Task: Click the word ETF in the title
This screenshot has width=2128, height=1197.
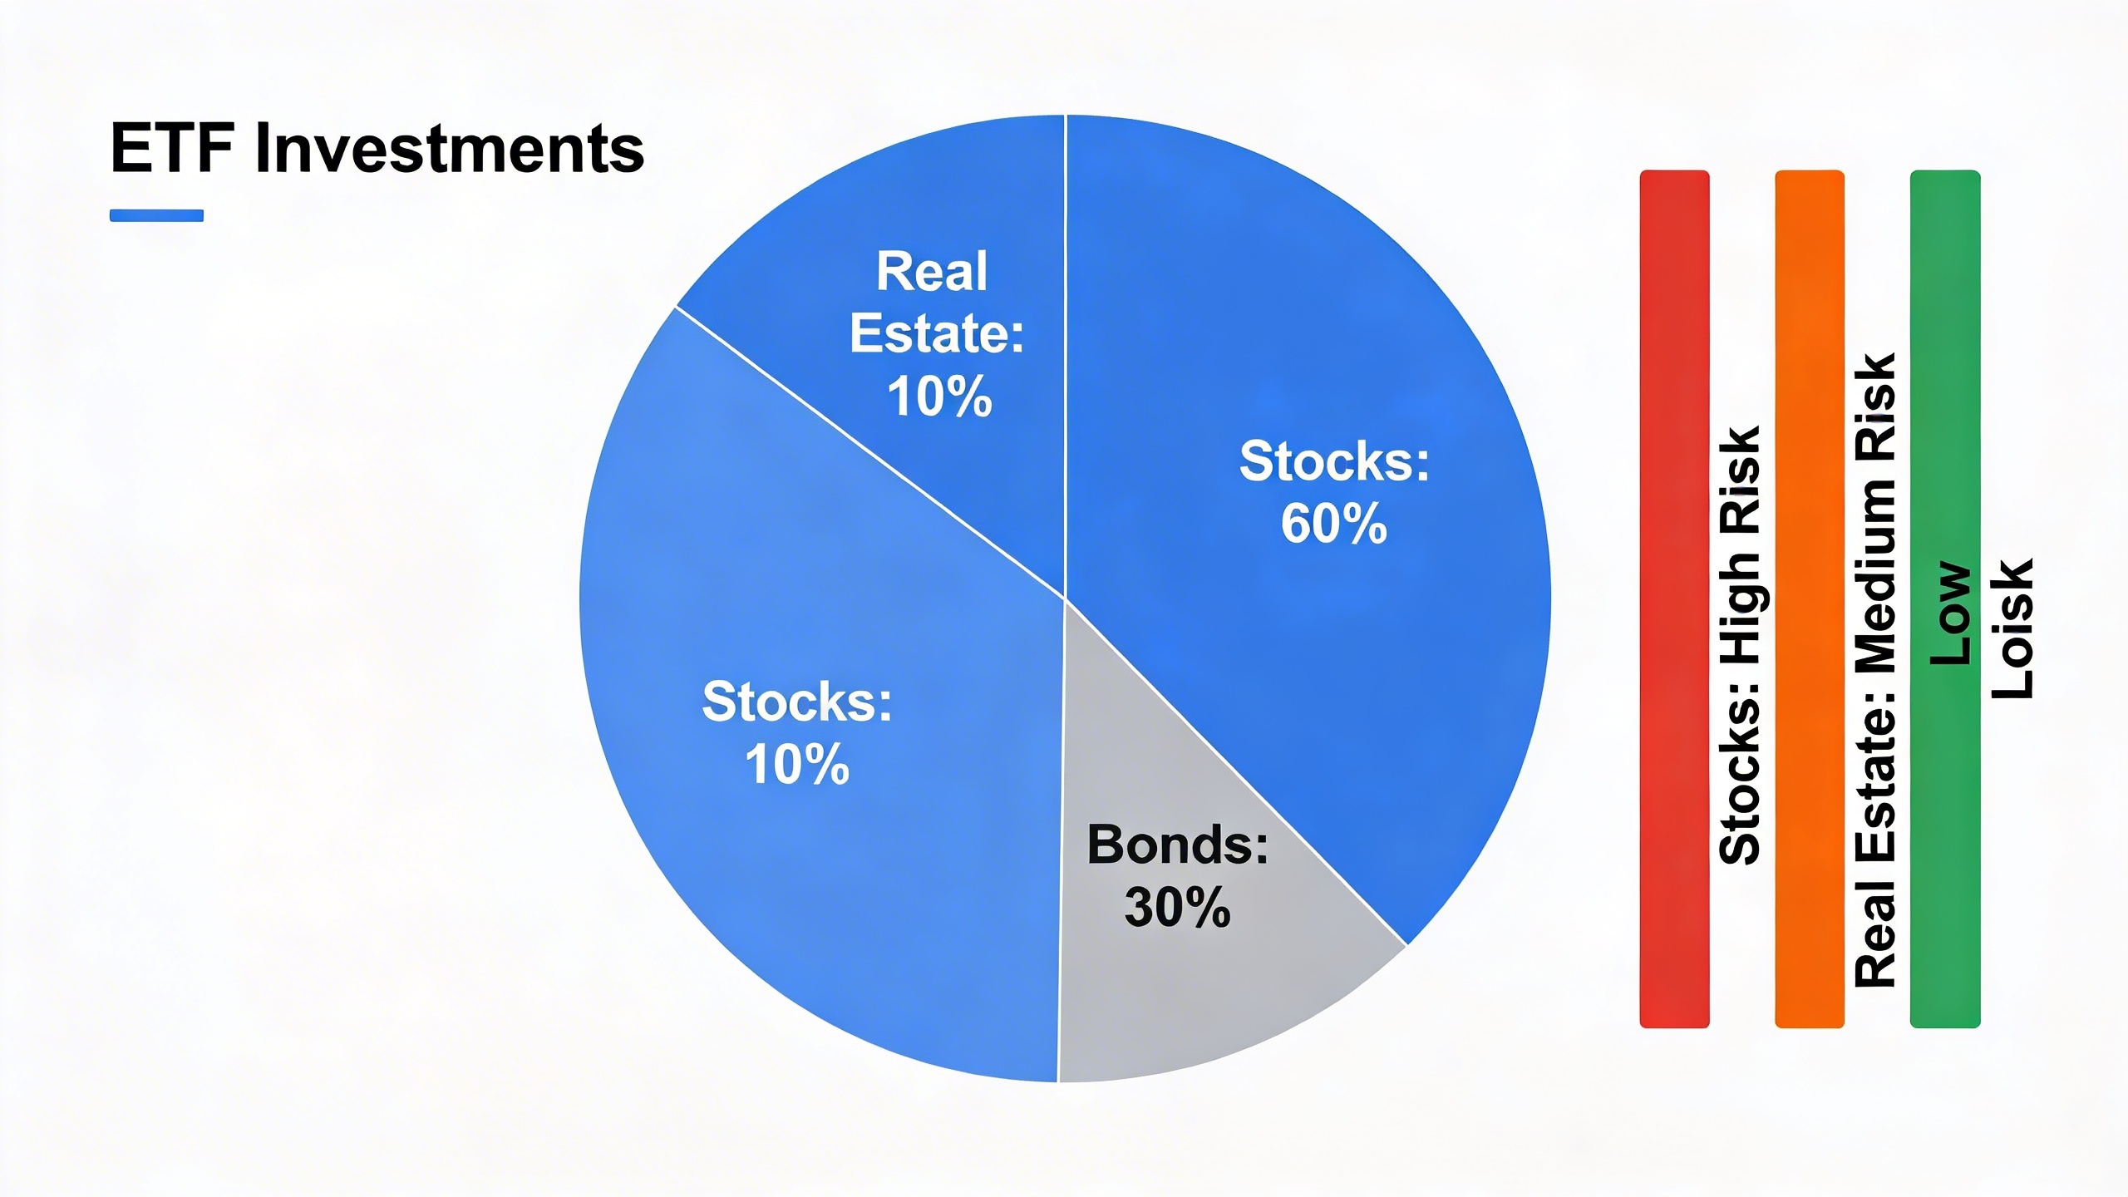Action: [172, 148]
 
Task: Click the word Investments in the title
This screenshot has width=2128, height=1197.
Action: [450, 148]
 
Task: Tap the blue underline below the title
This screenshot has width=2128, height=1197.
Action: [156, 215]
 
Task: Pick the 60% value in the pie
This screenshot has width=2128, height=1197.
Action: [1334, 524]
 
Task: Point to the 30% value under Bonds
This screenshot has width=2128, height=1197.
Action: [1177, 907]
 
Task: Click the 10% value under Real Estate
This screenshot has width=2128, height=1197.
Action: [939, 397]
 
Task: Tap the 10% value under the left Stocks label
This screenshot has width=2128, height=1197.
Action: [797, 765]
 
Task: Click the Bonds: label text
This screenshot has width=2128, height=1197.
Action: [1178, 845]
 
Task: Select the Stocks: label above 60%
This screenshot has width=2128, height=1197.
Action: [1334, 461]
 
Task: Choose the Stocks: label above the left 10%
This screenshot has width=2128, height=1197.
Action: [797, 702]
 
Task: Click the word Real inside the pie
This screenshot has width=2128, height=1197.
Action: [932, 271]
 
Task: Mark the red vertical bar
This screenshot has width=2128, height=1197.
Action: [1674, 599]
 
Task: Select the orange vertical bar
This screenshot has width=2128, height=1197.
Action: [1810, 599]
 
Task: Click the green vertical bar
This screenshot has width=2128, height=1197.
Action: [1945, 599]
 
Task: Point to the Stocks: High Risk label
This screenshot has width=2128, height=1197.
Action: [1740, 646]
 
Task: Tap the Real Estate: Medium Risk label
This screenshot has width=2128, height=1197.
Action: [1875, 670]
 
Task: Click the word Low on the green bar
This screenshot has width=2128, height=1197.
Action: [1949, 614]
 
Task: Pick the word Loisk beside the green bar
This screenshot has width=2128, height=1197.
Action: [2012, 628]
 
